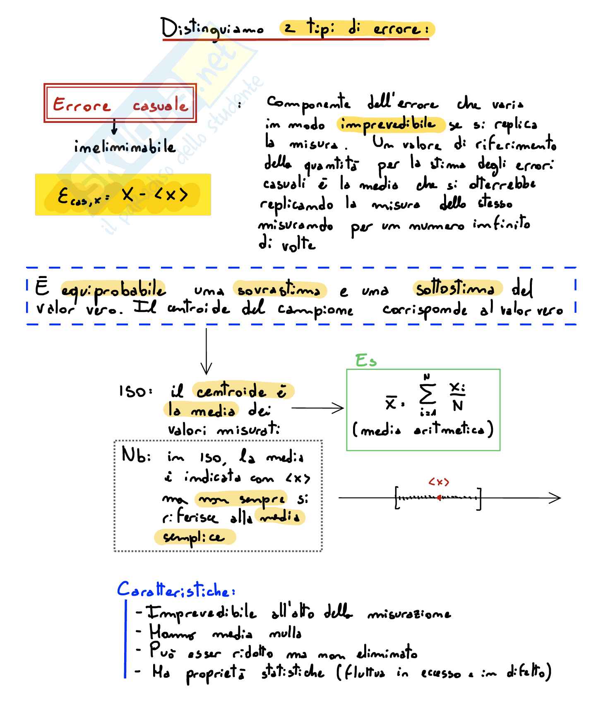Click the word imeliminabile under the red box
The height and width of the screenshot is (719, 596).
[x=125, y=147]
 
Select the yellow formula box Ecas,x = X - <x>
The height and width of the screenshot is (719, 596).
[x=123, y=195]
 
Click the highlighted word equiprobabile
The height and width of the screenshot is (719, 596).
[x=113, y=290]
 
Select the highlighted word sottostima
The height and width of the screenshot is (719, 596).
[x=455, y=288]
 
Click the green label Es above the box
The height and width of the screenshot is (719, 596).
[x=366, y=361]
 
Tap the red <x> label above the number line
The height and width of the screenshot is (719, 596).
[x=439, y=482]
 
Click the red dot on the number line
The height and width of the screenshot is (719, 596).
[x=439, y=498]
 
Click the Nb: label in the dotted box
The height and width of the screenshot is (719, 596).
[x=136, y=456]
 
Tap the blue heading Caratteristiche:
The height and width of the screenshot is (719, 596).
[x=176, y=590]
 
